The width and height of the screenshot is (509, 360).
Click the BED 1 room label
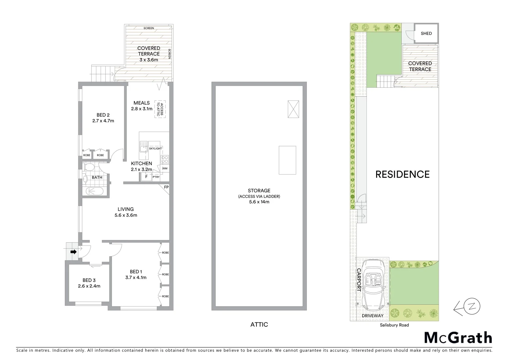click(136, 272)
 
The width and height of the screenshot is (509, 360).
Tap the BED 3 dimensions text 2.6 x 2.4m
click(89, 286)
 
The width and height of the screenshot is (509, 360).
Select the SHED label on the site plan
click(426, 33)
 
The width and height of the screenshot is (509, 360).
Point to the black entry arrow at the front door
click(73, 252)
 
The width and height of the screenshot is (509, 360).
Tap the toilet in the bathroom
click(89, 167)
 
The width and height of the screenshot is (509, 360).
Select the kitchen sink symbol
click(144, 147)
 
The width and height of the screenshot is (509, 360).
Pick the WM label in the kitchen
click(165, 169)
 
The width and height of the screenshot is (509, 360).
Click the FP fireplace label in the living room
click(166, 187)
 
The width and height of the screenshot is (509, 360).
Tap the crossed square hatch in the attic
click(293, 109)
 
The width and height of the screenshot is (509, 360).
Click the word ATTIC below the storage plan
click(259, 324)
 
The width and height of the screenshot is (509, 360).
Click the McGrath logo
click(458, 338)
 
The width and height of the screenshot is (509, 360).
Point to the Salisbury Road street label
click(394, 325)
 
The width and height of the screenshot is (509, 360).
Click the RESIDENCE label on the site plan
click(402, 174)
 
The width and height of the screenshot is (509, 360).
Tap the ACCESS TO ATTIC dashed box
click(160, 109)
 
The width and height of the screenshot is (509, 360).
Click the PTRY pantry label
click(156, 177)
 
